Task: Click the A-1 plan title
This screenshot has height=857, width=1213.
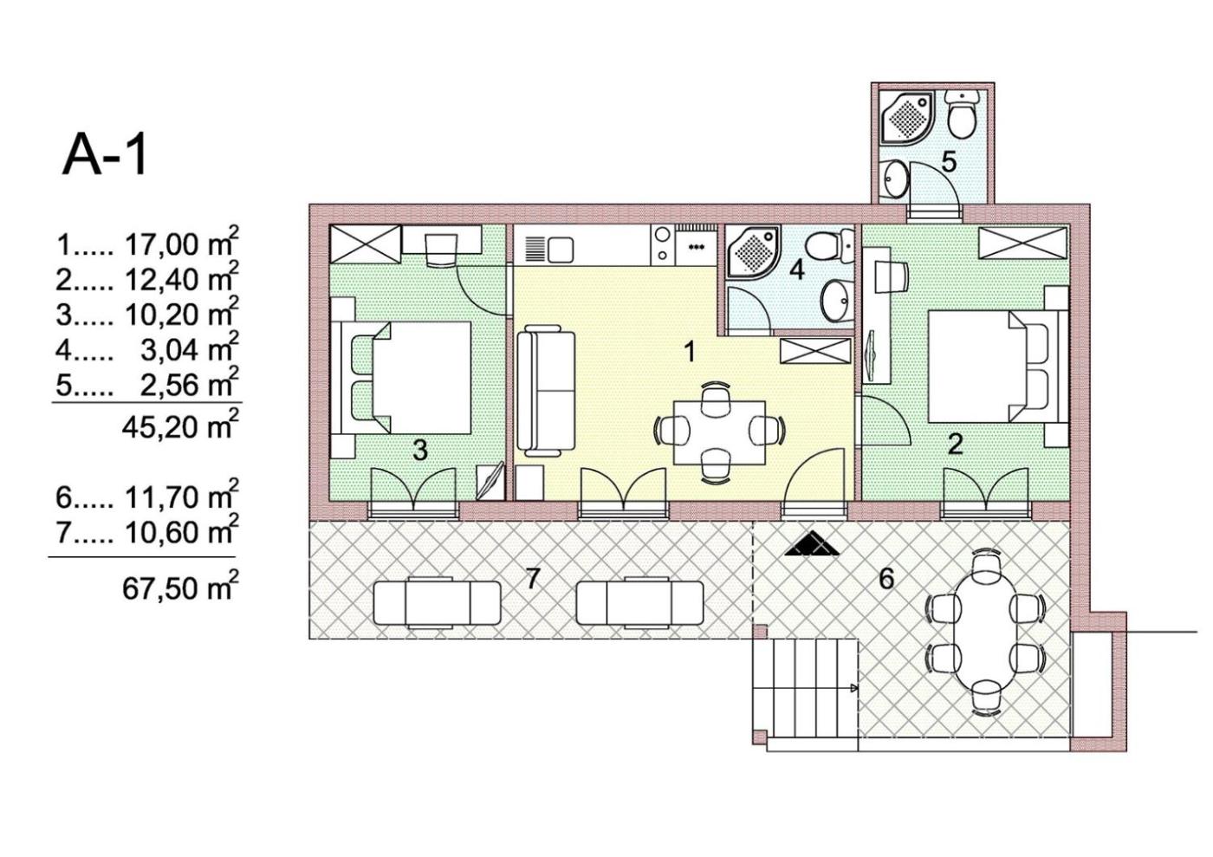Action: click(105, 156)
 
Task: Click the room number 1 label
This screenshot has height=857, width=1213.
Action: click(689, 352)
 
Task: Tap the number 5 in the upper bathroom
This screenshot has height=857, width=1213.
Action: click(949, 161)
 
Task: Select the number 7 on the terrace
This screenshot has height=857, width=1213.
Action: click(532, 579)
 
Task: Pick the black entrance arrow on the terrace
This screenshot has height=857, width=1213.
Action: click(812, 544)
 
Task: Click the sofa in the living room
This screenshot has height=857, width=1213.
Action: click(546, 391)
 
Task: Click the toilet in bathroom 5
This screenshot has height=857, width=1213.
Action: click(962, 114)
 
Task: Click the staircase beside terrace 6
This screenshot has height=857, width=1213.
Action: click(806, 695)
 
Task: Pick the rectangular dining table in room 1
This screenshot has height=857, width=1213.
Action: click(720, 433)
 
